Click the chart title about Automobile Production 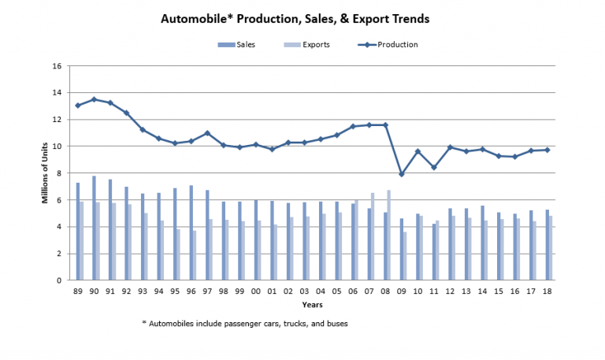[301, 17]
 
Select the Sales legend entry [233, 45]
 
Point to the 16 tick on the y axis [57, 66]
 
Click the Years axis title [314, 305]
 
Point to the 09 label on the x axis [402, 291]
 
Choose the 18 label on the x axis [547, 291]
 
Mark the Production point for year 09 [402, 174]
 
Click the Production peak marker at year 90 [95, 99]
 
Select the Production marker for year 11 [434, 167]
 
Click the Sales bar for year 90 [93, 228]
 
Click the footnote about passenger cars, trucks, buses [244, 323]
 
